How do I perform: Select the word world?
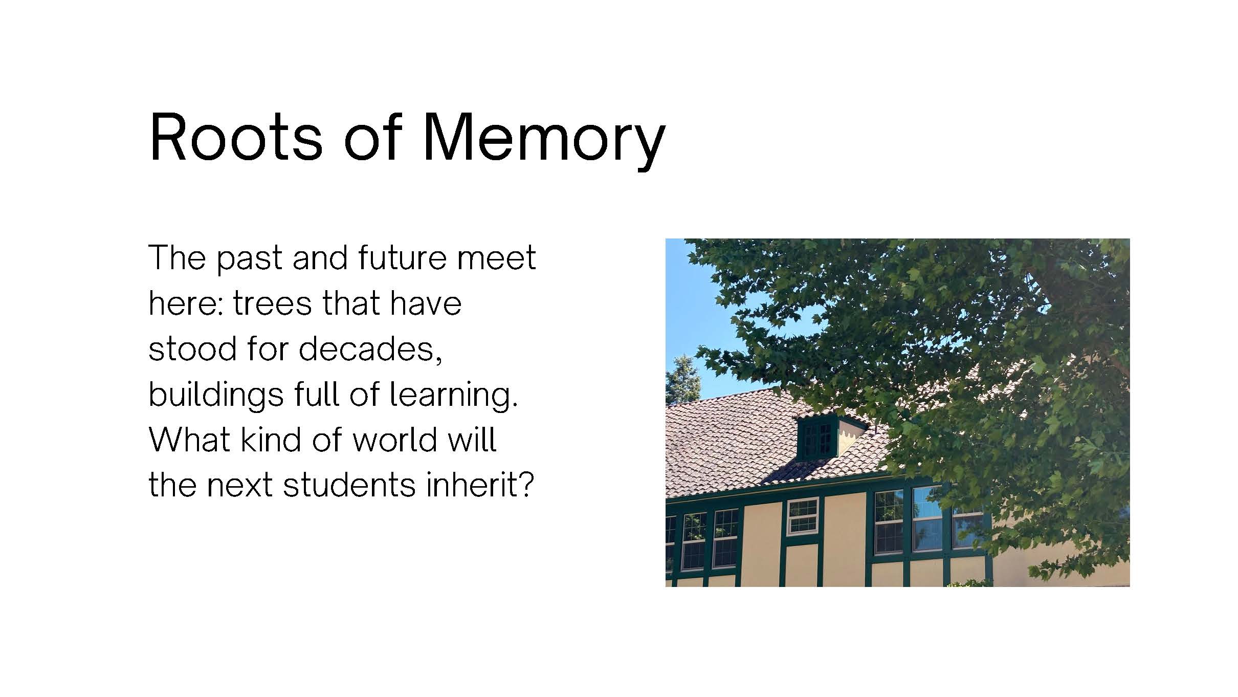[x=394, y=440]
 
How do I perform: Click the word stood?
[x=193, y=348]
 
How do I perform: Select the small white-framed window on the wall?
[x=803, y=516]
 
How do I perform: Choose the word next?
[x=239, y=486]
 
